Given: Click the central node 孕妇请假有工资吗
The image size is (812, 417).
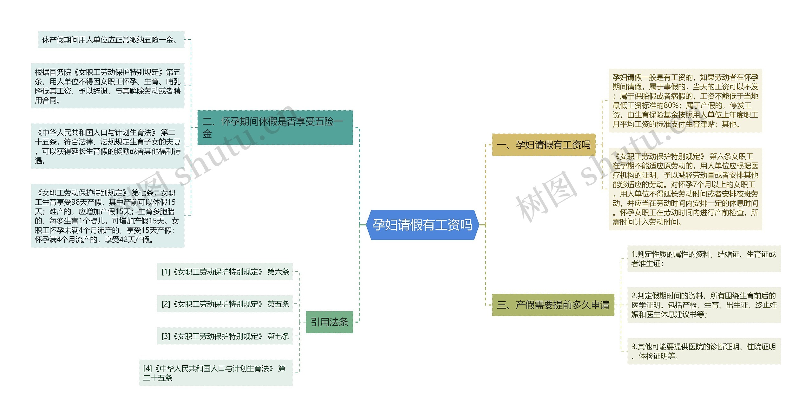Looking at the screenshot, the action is coord(422,225).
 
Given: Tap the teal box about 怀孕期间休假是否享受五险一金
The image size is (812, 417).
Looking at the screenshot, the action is coord(275,127).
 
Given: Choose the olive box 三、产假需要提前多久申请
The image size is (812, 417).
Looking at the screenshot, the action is coord(553,305).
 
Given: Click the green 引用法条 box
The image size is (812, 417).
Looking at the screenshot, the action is coord(329,322).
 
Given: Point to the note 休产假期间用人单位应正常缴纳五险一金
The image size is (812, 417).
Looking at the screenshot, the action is coord(111,40).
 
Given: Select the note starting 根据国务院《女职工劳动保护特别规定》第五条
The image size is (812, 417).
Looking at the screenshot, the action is coord(108,86).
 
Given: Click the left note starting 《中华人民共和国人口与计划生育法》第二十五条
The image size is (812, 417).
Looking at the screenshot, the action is coord(108,146).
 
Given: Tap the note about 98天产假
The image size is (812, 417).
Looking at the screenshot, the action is coord(108,216).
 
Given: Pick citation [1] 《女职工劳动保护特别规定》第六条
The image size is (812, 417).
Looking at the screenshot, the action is coord(225,272).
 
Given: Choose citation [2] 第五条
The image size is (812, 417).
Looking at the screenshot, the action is coord(225,304).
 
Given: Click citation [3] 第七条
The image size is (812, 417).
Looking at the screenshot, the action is coord(225,336).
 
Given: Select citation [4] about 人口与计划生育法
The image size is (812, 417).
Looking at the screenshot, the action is coord(216,373).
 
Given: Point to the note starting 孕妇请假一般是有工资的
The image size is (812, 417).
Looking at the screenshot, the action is coord(685,100).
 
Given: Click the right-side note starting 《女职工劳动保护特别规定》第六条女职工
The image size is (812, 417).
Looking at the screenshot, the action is coord(685,189).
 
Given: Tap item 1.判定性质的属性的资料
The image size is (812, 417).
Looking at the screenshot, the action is coord(704,259).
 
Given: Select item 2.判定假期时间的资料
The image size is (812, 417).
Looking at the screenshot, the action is coord(704,305).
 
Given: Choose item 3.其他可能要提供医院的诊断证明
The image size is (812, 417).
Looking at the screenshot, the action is coord(704,351).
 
